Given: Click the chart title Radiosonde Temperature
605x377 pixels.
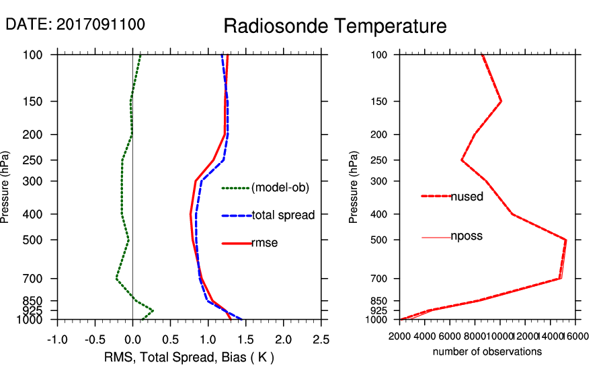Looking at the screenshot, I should coord(335,26).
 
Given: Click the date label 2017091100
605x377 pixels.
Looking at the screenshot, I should coord(75,24).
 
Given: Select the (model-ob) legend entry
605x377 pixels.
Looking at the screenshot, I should coord(280,188).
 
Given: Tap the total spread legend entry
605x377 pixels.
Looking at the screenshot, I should coord(283,215).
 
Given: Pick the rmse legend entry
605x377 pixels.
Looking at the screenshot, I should coord(264,243).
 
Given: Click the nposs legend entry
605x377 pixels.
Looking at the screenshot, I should coord(467,236).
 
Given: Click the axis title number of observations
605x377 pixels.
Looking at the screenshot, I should coord(487,351).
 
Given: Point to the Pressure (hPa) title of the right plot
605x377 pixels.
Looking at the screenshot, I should coord(354,187).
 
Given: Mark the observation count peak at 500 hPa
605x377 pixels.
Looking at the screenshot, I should coord(566,240).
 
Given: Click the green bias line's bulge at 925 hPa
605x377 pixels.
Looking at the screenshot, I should coord(153,310).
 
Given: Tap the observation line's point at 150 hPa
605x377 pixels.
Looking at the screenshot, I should coord(501,102).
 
